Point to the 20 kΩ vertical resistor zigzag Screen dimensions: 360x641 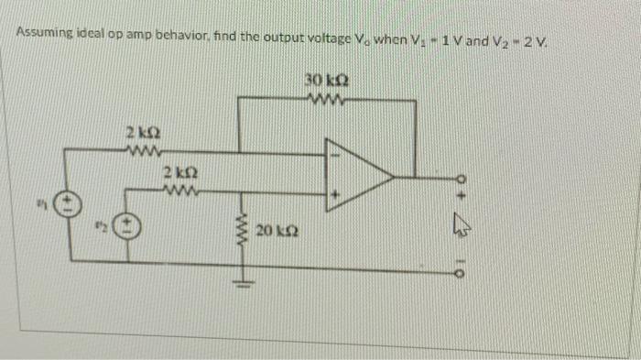(x=244, y=229)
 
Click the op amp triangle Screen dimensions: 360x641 (x=361, y=172)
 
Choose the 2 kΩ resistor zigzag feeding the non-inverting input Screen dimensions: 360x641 (x=179, y=191)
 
